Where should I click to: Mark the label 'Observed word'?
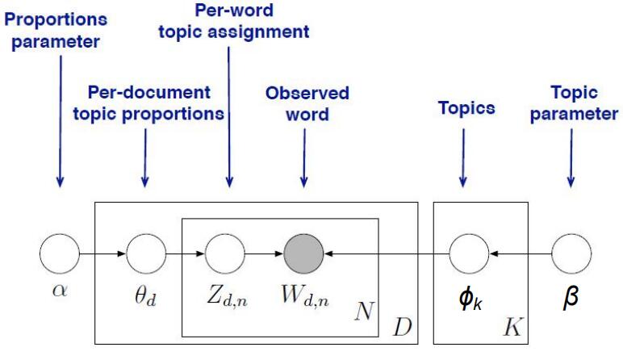tap(307, 103)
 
